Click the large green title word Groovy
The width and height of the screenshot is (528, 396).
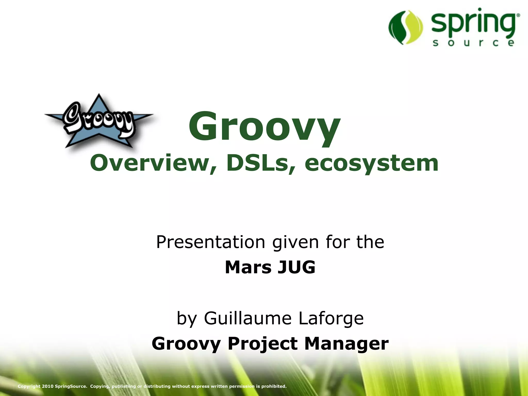click(264, 126)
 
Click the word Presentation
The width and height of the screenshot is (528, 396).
click(210, 242)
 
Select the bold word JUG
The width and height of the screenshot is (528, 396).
click(296, 267)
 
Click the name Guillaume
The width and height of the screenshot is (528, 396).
click(247, 318)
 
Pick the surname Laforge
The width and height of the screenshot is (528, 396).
click(331, 318)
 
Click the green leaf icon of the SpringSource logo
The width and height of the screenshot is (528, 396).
click(406, 27)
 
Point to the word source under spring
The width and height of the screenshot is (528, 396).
click(473, 43)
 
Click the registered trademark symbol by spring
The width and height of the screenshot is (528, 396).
click(518, 16)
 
